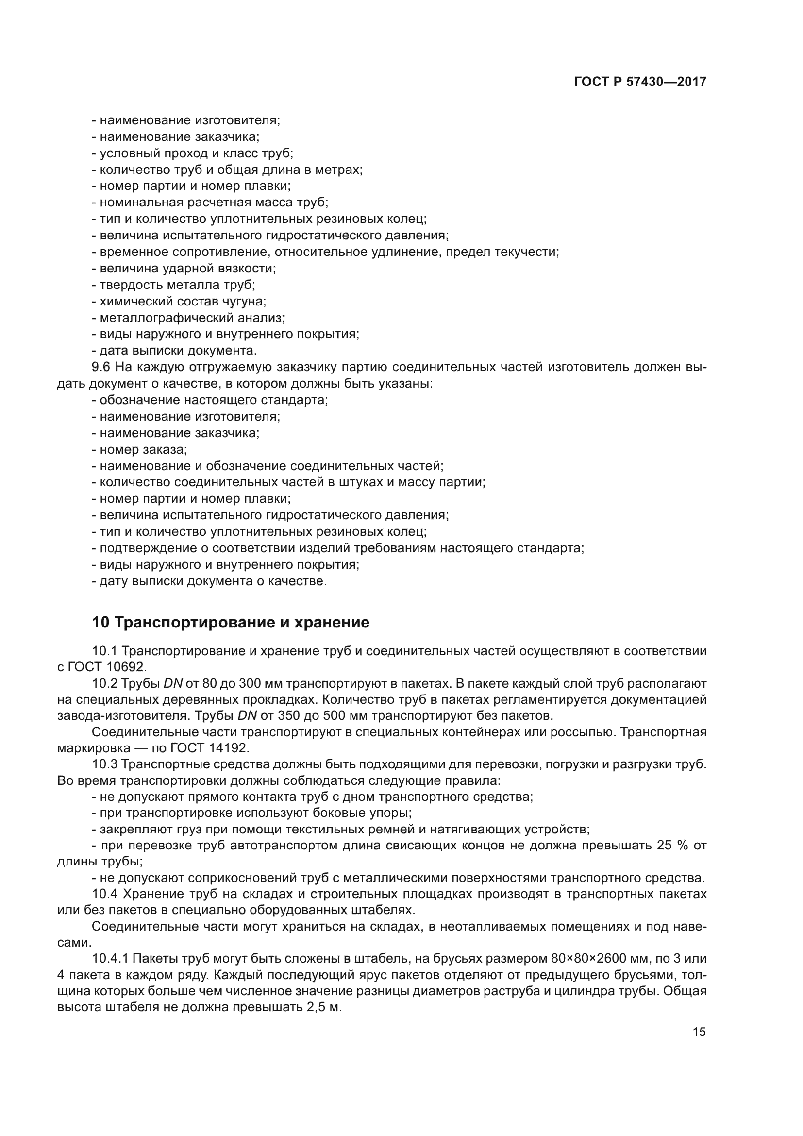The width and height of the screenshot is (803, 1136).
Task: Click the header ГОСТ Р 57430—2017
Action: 640,82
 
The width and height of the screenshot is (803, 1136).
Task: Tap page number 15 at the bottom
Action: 699,1032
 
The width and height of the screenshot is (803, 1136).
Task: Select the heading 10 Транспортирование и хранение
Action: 231,623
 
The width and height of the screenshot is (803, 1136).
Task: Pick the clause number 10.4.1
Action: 110,958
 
